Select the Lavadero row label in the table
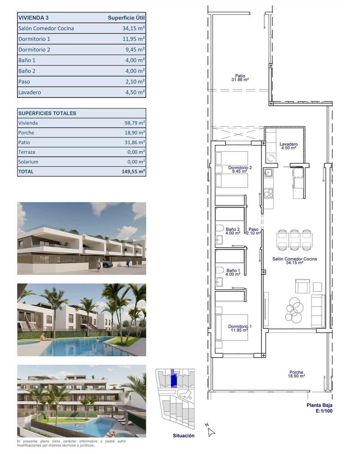point(30,92)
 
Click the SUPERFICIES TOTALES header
point(47,113)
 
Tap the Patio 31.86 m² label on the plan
point(239,78)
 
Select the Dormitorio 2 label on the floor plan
point(240,169)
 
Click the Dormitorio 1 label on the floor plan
point(240,328)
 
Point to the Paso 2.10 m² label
point(254,231)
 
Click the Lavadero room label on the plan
point(288,146)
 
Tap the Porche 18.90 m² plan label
point(296,375)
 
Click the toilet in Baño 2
point(220,228)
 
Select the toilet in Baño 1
point(220,270)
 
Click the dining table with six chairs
point(294,239)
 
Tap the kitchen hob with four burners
point(268,194)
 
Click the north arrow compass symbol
point(210,430)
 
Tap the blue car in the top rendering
point(108,264)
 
